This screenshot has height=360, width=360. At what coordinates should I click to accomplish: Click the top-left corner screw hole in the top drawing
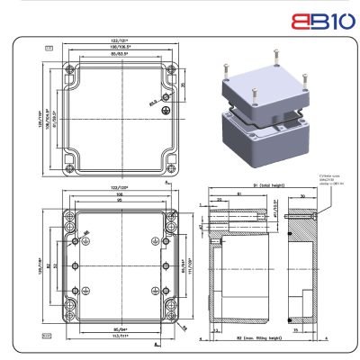click(x=66, y=69)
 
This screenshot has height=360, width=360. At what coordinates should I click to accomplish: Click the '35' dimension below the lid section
click(x=296, y=330)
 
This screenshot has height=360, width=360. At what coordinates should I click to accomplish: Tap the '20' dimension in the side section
click(x=220, y=202)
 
